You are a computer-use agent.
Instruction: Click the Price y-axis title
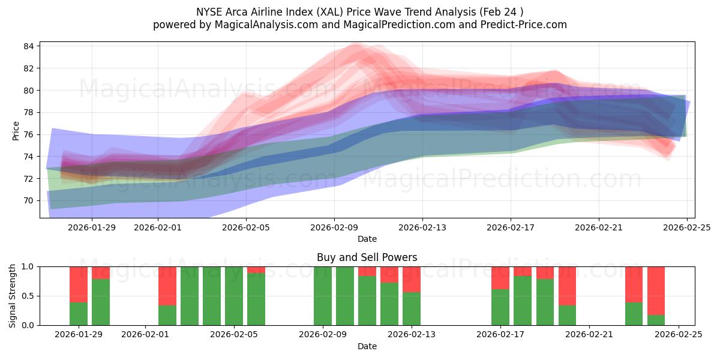[16, 130]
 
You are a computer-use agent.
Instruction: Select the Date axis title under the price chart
[367, 239]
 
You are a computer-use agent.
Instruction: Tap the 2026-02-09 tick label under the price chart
[334, 227]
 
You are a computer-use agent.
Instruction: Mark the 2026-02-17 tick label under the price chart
[511, 227]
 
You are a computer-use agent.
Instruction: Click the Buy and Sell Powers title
[367, 257]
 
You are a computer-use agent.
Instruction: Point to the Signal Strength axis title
[13, 296]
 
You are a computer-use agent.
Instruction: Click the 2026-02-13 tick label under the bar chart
[412, 335]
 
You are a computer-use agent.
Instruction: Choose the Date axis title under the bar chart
[367, 346]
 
